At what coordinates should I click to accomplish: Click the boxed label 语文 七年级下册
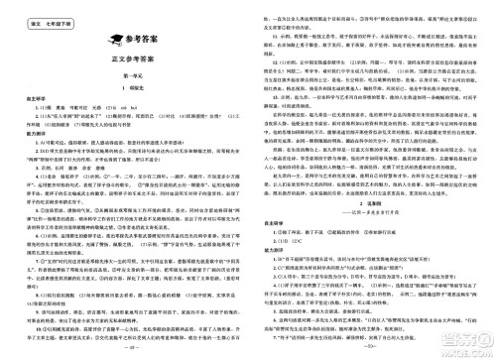point(37,11)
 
